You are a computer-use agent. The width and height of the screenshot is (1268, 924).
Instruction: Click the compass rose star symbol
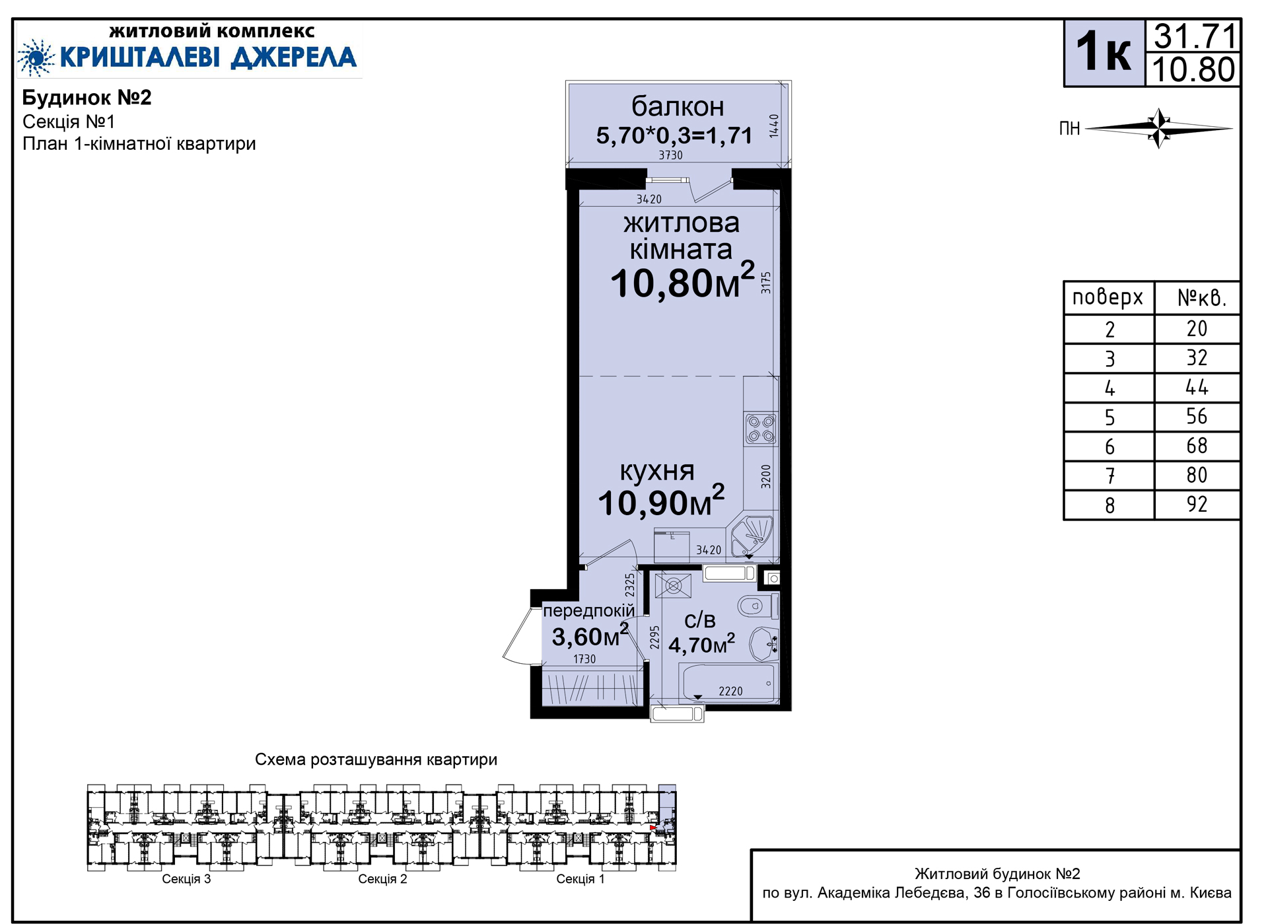tap(1159, 128)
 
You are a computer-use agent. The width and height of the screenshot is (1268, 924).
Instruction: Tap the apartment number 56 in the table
tap(1197, 417)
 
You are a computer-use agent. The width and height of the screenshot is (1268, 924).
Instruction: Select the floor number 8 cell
tap(1109, 505)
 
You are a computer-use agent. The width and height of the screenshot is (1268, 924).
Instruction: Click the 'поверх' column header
tap(1108, 298)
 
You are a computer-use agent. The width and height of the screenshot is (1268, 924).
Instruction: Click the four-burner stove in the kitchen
tap(761, 428)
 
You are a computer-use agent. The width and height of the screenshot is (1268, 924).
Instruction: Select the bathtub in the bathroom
tap(727, 684)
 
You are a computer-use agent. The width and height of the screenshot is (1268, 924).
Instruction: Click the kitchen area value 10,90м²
tap(661, 501)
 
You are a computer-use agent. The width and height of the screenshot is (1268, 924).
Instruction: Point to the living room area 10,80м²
tap(682, 281)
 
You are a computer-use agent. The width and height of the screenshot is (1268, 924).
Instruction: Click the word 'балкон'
tap(678, 106)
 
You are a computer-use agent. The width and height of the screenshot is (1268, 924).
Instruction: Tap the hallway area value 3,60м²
tap(590, 636)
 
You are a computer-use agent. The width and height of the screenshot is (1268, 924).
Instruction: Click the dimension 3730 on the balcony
tap(670, 155)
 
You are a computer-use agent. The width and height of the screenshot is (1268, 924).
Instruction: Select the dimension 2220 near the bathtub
tap(730, 692)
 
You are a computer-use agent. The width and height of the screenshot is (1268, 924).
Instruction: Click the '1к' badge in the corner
tap(1104, 53)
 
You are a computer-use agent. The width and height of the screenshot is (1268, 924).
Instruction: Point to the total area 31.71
tap(1194, 36)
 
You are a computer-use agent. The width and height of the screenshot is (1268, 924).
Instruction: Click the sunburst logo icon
tap(36, 57)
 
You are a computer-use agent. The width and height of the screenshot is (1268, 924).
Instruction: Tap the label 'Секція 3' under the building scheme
tap(186, 879)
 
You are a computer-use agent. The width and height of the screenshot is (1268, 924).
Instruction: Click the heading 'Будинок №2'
tap(87, 98)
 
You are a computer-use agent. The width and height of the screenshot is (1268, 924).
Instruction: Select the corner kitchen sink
tap(752, 534)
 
